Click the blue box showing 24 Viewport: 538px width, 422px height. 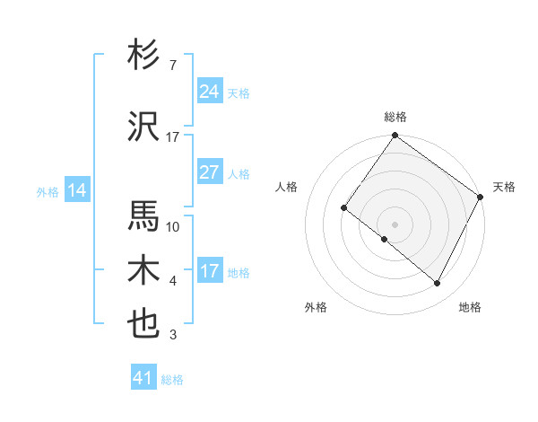coord(210,92)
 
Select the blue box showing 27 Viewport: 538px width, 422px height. coord(210,172)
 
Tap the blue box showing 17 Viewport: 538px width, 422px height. coord(210,271)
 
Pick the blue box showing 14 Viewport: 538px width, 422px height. coord(76,190)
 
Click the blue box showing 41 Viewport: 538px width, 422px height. coord(144,378)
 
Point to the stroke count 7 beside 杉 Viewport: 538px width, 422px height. coord(172,66)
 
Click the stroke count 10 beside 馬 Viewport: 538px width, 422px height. coord(173,227)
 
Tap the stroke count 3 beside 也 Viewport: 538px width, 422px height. coord(172,336)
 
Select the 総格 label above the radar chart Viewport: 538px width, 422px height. coord(395,117)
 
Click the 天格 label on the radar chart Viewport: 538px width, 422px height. coord(504,187)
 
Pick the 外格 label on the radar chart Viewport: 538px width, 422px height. coord(316,307)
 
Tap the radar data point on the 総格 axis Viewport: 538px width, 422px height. coord(395,136)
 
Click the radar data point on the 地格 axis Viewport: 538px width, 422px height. coord(438,284)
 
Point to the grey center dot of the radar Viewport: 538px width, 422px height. coord(395,224)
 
